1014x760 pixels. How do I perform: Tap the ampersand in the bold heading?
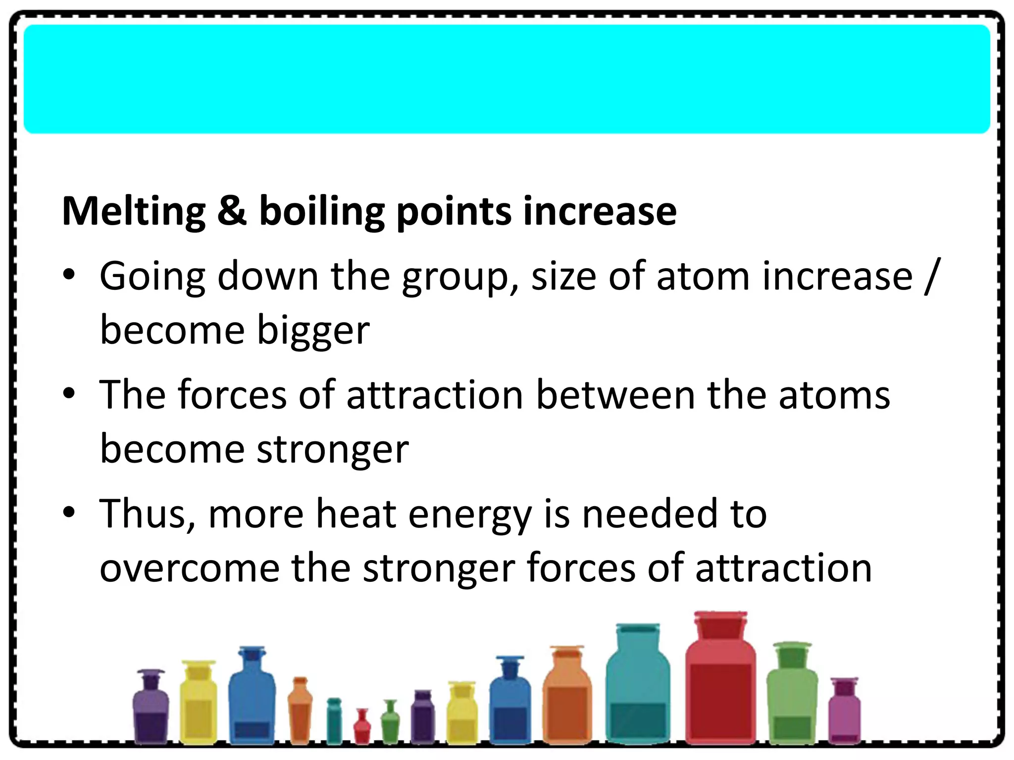232,211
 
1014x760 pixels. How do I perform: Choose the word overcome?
190,568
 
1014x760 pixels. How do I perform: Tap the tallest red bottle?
720,693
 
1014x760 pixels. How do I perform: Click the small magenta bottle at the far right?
845,712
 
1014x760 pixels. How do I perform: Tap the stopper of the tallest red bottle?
720,624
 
